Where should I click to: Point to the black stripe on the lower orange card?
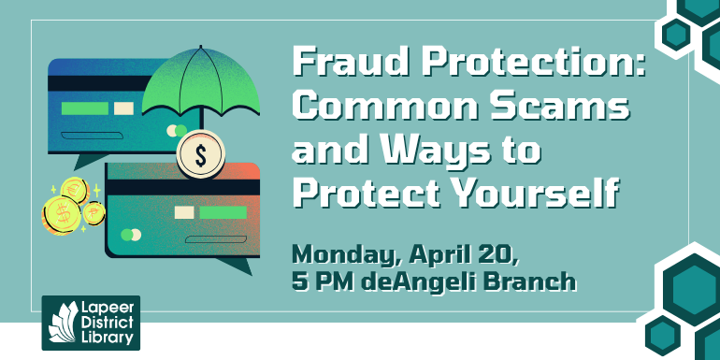[x=182, y=187]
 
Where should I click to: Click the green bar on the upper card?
[x=84, y=108]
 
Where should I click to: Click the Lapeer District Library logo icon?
[x=63, y=323]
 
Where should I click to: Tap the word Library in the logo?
[x=108, y=337]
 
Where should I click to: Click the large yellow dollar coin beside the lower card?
[x=62, y=214]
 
